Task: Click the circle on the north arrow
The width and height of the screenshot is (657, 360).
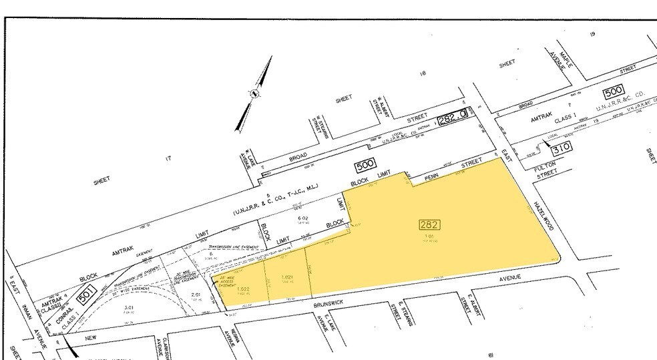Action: click(x=254, y=95)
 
